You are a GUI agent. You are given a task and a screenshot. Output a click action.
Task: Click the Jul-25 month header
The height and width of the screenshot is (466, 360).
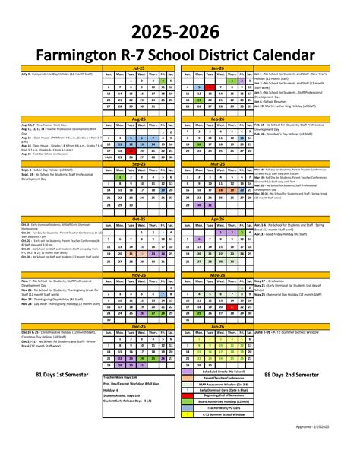click(x=138, y=68)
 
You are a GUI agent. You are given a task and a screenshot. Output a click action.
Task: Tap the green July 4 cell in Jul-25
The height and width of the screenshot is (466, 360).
click(x=163, y=80)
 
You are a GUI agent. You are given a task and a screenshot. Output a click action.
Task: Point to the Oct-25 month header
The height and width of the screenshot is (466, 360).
click(x=138, y=218)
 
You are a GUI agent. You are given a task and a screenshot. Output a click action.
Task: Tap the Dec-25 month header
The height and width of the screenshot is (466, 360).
click(x=138, y=325)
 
